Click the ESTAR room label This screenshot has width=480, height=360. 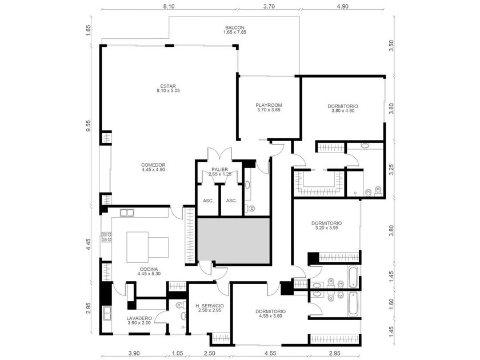pos(168,86)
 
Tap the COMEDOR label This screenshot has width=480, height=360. pos(153,165)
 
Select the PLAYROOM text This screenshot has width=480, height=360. pos(269,105)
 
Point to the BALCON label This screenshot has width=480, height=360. pos(235,27)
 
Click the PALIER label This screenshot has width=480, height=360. pos(219,170)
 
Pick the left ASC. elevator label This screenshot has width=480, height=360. pos(208,201)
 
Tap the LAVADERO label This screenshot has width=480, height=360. pos(139,318)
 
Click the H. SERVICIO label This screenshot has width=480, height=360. pos(210,306)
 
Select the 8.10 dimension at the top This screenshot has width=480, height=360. pos(169,6)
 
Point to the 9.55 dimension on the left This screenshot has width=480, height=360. pos(88,126)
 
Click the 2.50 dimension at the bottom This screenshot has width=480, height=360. pos(210,353)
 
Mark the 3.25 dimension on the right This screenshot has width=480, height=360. pos(391,170)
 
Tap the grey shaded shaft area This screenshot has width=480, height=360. pos(234,241)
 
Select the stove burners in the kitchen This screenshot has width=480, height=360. pos(107,237)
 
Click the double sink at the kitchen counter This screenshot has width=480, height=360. pos(127,213)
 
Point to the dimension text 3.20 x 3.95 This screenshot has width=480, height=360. pos(326,228)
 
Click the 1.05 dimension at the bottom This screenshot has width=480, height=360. pos(177,353)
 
